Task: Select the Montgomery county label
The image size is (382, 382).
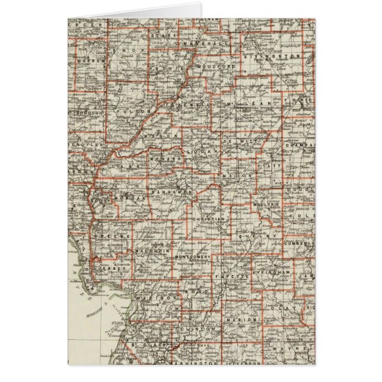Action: click(193, 256)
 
